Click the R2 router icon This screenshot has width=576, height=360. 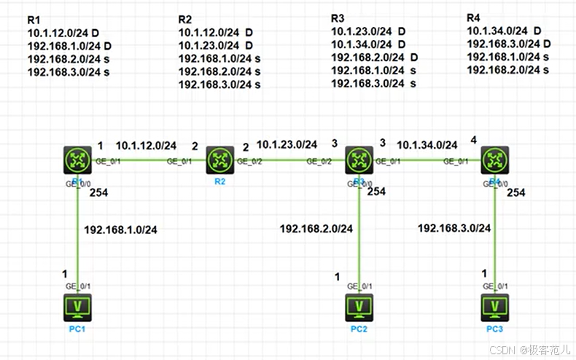pos(219,160)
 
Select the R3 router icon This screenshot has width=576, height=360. pos(358,160)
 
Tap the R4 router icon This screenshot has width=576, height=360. pos(496,160)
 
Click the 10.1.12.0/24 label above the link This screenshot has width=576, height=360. pos(146,145)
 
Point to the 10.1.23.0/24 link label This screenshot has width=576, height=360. pos(287,145)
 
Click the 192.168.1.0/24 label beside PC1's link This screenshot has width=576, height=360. pos(120,230)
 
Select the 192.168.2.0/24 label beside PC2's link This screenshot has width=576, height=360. pos(316,229)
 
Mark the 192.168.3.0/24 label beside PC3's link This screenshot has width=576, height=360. pos(454,228)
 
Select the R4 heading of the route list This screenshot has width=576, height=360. pos(474,17)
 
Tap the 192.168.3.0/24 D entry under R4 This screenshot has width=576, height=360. pos(508,44)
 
